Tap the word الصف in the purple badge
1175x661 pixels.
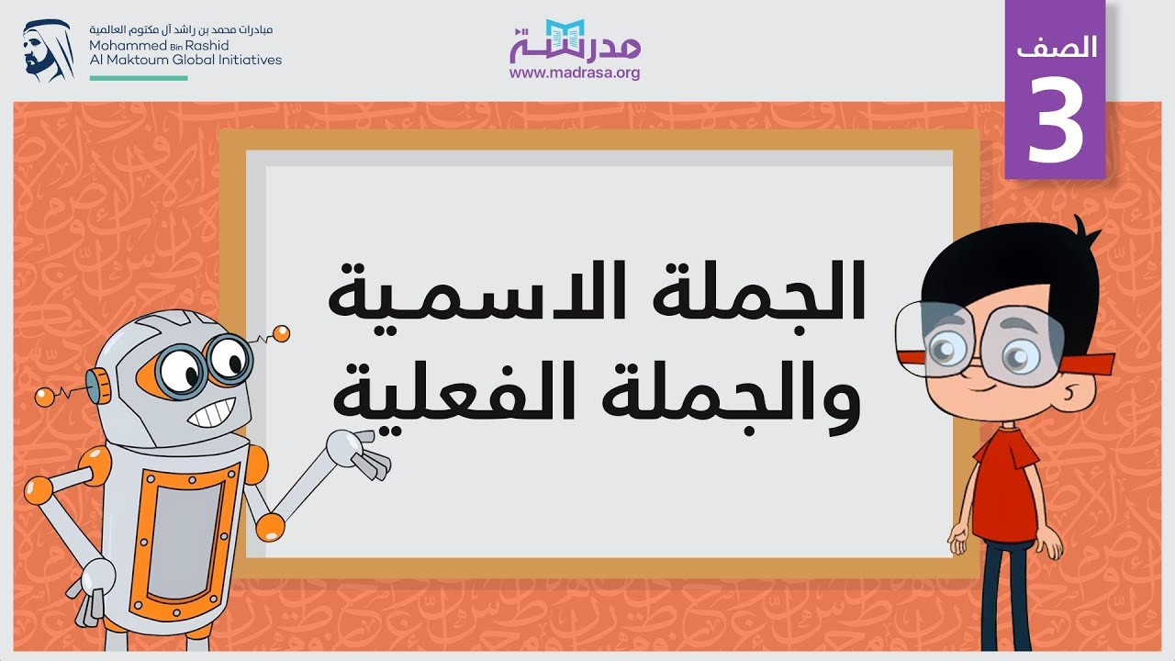click(x=1057, y=47)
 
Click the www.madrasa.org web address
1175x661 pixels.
click(x=575, y=73)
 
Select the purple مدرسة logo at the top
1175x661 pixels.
click(x=575, y=41)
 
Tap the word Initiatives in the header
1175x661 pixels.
click(x=247, y=60)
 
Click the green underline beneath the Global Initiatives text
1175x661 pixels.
click(x=139, y=78)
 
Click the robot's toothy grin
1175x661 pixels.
click(x=211, y=413)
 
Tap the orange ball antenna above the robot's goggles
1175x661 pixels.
click(x=281, y=333)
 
